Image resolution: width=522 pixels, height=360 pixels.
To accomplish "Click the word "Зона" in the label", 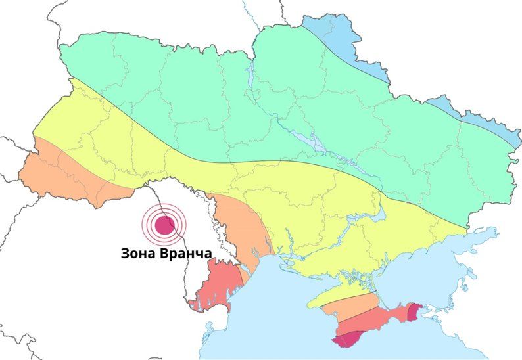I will coord(138,253).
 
